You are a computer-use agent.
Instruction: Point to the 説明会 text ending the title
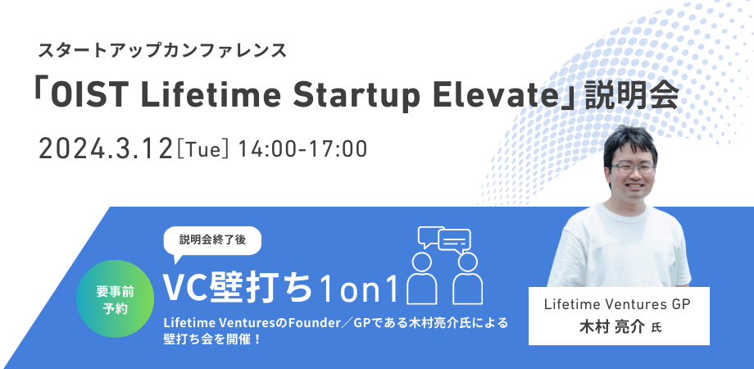[x=631, y=96]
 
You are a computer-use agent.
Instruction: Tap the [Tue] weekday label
[x=204, y=150]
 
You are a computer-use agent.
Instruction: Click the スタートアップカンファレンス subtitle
[x=162, y=51]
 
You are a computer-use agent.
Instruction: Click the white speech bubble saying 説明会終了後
[x=212, y=240]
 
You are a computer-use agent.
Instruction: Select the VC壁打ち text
[x=238, y=288]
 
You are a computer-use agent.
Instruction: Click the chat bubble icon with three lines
[x=454, y=239]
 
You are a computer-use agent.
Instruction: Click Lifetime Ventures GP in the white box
[x=617, y=304]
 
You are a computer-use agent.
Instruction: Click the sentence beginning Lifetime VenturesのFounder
[x=336, y=322]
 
